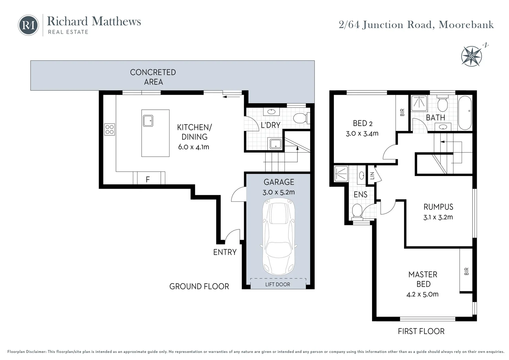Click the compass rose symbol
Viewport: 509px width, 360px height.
471,55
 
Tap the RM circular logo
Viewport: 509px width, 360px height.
29,25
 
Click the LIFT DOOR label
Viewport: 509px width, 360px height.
277,284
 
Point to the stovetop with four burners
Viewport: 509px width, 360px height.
110,129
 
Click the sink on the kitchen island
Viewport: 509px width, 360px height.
148,121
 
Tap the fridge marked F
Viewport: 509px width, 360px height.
148,179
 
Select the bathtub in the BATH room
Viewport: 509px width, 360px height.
465,113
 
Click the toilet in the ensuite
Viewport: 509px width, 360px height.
357,211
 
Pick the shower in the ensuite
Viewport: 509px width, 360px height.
341,173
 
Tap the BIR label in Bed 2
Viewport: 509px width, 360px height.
402,113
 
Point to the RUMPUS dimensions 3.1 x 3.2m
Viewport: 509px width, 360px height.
438,217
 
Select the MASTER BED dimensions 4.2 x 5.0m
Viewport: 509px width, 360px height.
422,294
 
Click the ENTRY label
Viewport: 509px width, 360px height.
225,252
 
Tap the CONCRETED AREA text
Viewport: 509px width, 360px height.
153,77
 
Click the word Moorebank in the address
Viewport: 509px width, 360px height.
466,25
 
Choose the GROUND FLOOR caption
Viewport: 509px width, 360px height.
199,286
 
